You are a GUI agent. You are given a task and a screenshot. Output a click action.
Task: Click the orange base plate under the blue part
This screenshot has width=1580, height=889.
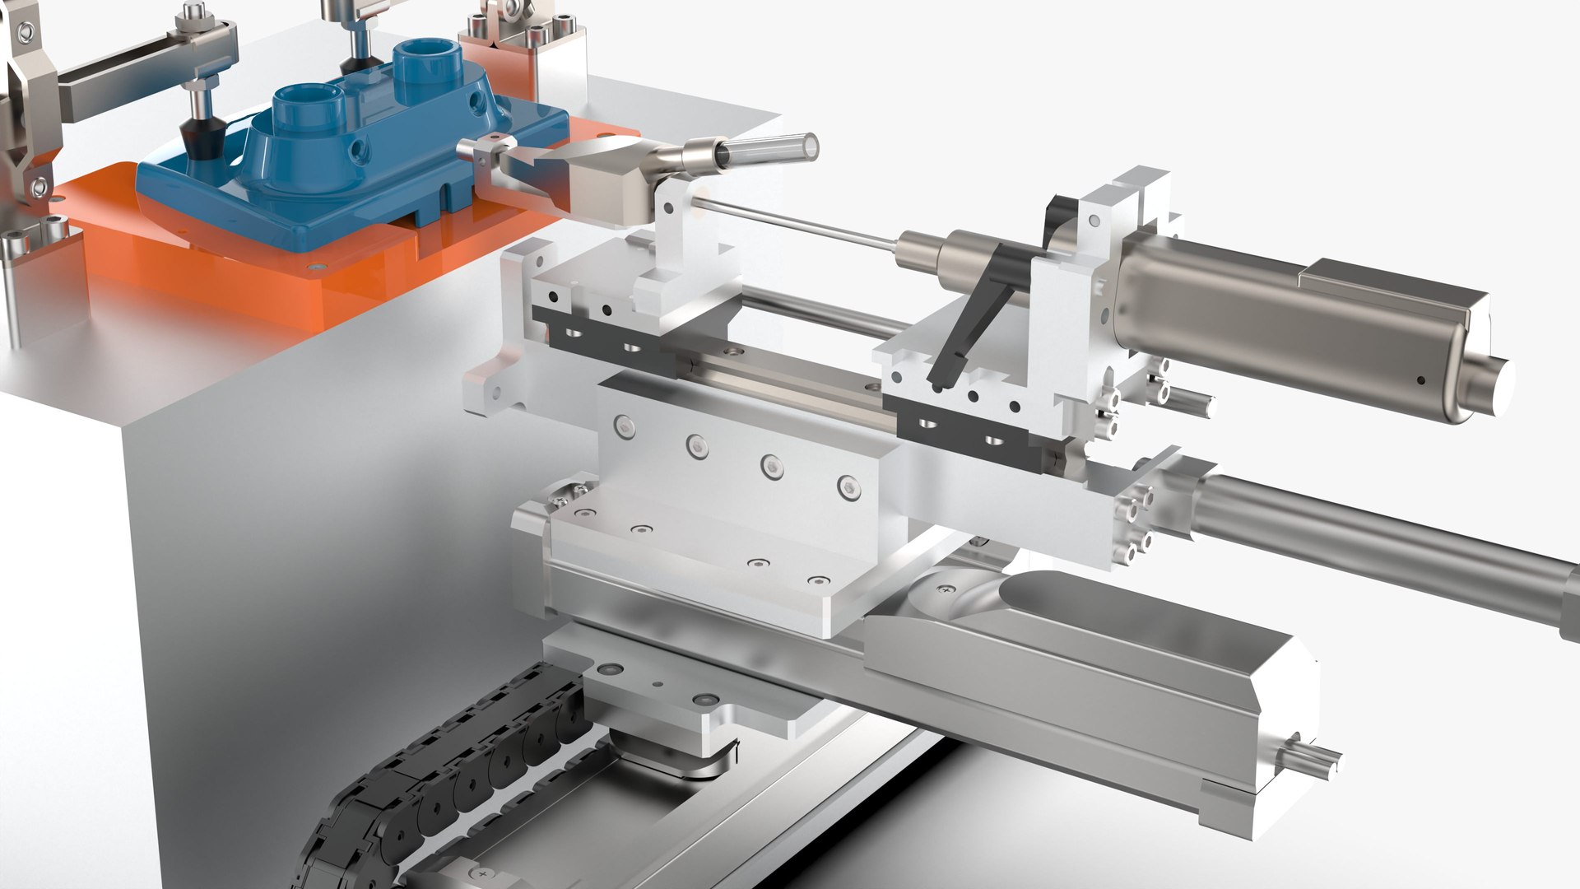coord(206,263)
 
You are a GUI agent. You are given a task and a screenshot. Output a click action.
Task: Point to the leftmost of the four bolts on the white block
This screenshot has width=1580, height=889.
coord(625,424)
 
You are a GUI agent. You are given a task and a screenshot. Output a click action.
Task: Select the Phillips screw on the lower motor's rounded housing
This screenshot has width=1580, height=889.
coord(948,589)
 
